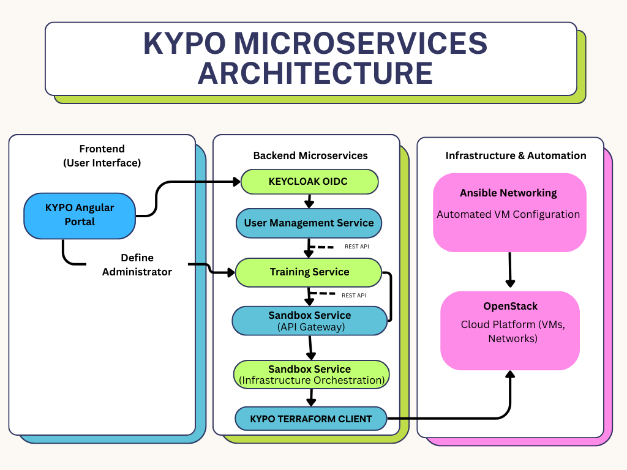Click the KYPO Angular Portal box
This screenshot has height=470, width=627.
[x=80, y=215]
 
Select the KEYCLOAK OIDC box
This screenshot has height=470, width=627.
[x=310, y=181]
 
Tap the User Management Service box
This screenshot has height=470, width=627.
[x=309, y=223]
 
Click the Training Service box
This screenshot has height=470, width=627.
[x=309, y=272]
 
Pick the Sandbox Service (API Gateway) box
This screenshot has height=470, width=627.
[x=309, y=321]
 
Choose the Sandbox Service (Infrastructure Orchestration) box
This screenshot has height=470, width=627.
[x=311, y=375]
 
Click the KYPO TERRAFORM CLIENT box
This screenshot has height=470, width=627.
[x=311, y=419]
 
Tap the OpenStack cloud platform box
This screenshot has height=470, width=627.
[x=510, y=330]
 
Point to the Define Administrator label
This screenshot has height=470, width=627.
[x=137, y=264]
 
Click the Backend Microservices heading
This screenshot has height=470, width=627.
[x=310, y=155]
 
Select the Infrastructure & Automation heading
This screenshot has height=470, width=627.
[x=516, y=155]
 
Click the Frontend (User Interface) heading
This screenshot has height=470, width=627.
[x=102, y=155]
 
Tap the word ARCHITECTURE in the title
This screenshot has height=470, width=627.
[x=315, y=73]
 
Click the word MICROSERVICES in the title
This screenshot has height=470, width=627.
[x=361, y=43]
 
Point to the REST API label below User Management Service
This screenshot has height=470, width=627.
[x=356, y=247]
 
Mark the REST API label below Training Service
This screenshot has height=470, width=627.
[x=353, y=296]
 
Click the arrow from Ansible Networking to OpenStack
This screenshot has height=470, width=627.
[x=509, y=269]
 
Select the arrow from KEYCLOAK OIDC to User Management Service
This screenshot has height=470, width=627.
[x=309, y=201]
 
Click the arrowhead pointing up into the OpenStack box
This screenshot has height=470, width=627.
[x=509, y=375]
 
